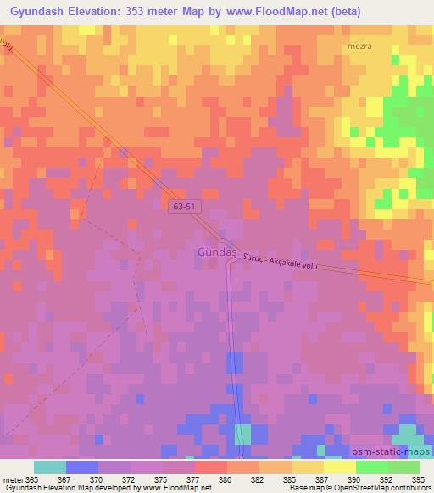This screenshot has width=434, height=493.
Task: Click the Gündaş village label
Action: [214, 252]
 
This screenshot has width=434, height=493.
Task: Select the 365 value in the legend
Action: [31, 479]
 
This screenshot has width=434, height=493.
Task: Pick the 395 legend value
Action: [419, 479]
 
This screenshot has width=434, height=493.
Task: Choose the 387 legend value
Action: [320, 479]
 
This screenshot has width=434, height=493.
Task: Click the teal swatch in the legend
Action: [50, 467]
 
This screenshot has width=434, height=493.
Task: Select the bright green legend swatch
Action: [372, 467]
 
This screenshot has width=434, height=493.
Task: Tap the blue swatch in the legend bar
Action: [82, 467]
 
